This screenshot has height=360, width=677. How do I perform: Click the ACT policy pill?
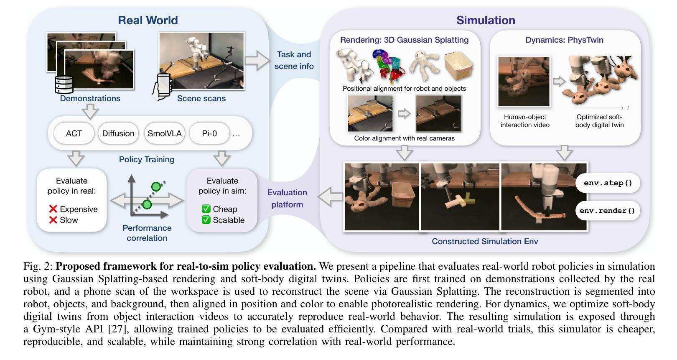(74, 133)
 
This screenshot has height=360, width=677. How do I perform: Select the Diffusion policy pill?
(118, 133)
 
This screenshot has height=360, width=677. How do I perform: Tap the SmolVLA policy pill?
(165, 133)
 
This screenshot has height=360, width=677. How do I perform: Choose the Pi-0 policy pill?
(209, 133)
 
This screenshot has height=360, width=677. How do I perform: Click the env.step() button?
(608, 183)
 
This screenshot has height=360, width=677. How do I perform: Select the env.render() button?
(607, 211)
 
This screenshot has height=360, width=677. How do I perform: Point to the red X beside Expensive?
(53, 209)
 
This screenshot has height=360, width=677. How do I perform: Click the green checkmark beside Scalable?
(206, 220)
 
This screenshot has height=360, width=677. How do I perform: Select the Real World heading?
(148, 20)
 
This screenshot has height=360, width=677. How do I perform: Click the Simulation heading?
(485, 20)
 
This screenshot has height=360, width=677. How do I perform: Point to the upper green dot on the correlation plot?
(156, 186)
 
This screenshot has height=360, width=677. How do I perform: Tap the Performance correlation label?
(147, 233)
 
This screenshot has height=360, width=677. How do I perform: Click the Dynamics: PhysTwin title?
(564, 40)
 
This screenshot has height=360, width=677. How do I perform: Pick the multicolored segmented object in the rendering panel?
(389, 66)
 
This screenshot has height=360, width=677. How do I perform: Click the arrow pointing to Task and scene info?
(257, 60)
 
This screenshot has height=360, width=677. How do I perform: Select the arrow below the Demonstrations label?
(90, 111)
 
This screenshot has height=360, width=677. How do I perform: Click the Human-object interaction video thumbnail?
(524, 82)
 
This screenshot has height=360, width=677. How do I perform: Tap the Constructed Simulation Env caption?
(485, 241)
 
